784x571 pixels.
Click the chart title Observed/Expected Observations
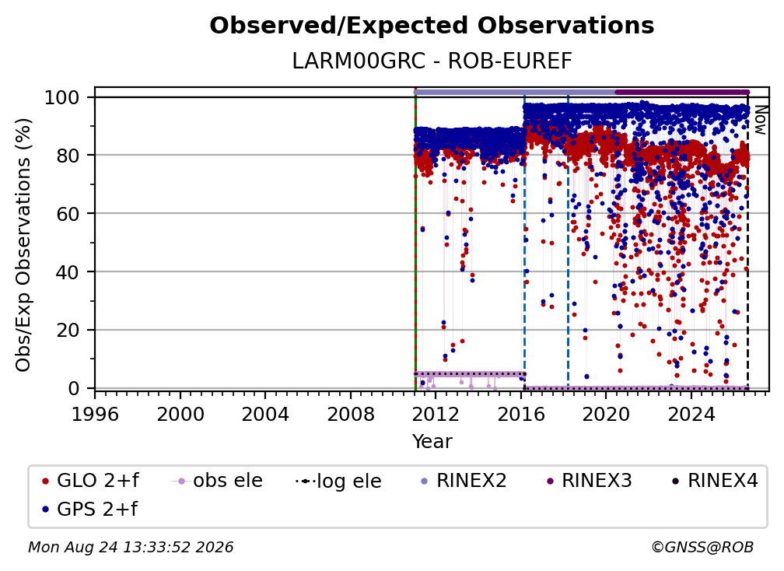coord(432,26)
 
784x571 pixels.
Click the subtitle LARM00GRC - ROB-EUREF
coord(432,61)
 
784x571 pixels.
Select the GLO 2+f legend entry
coord(90,481)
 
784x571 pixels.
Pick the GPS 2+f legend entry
coord(89,509)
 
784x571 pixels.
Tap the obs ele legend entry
coord(217,481)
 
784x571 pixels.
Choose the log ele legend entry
coord(338,481)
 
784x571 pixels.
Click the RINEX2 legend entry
coord(464,481)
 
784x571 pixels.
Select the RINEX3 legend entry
coord(589,481)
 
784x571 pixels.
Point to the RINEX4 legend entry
coord(715,481)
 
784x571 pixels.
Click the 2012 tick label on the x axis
coord(436,415)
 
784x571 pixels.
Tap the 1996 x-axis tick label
coord(95,415)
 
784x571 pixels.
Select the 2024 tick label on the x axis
coord(691,415)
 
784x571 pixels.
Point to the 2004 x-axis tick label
coord(265,415)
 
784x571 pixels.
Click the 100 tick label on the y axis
coord(62,97)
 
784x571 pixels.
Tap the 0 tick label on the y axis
coord(74,388)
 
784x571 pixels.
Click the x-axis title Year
coord(432,442)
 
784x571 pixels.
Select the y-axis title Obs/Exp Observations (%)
coord(23,245)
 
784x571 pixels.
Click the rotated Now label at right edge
coord(760,120)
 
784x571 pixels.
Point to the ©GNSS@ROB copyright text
coord(702,547)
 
